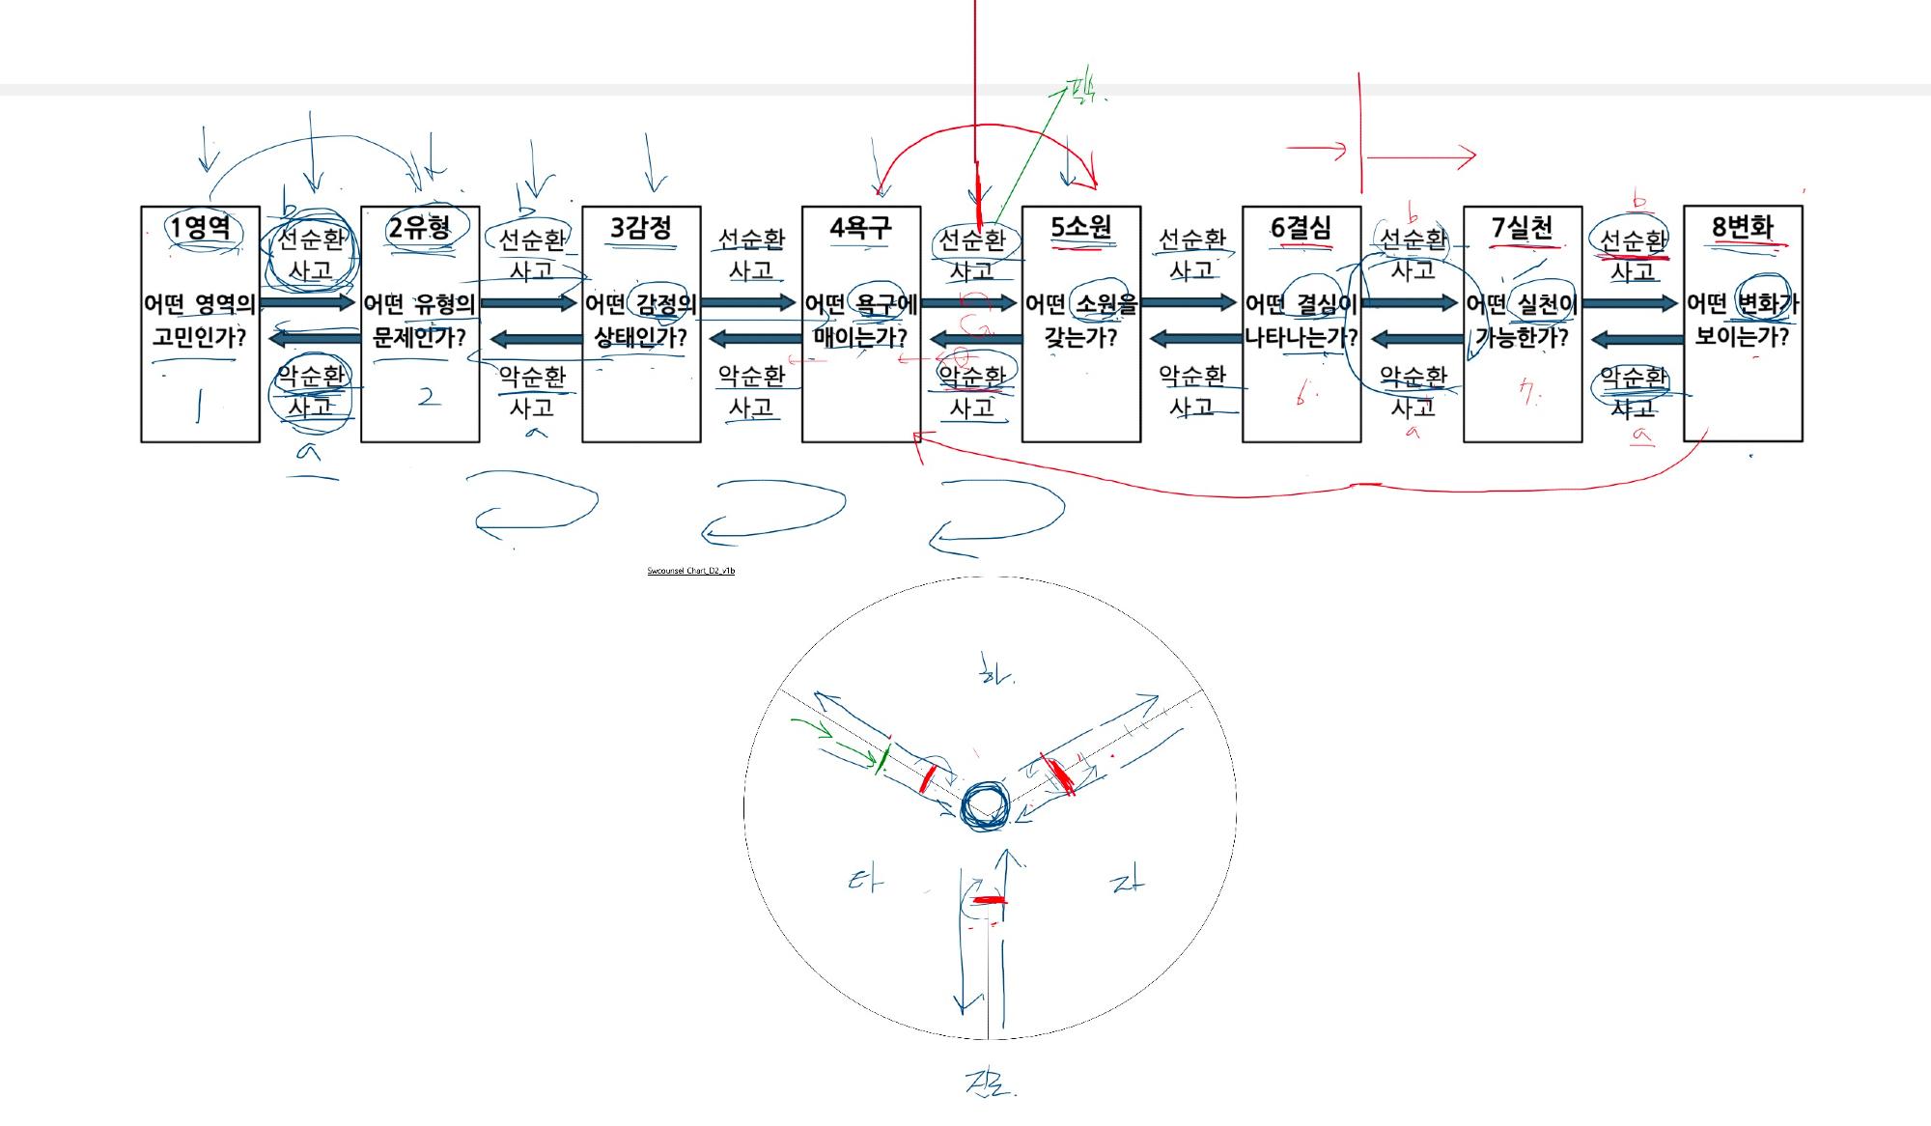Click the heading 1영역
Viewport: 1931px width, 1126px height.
(x=200, y=228)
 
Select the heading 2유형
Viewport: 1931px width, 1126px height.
(x=420, y=228)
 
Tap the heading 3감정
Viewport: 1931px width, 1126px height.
(x=641, y=228)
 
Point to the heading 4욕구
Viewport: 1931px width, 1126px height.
(x=860, y=228)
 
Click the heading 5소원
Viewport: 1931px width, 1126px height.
(x=1081, y=228)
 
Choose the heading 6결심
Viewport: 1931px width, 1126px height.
(x=1301, y=228)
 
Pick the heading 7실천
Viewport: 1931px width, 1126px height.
(x=1522, y=228)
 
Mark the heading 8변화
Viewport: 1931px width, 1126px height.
(x=1743, y=227)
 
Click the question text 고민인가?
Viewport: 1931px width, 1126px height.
(x=200, y=337)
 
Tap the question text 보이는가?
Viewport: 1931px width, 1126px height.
(x=1742, y=337)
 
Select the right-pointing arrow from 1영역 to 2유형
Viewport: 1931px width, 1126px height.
(x=308, y=302)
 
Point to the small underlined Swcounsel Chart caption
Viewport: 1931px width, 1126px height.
(x=690, y=571)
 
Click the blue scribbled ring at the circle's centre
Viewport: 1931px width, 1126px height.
(x=985, y=805)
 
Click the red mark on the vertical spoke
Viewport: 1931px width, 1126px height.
(x=989, y=900)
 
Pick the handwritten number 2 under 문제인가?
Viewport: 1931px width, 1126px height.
(x=429, y=396)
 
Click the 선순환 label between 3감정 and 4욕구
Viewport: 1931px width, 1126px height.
(x=751, y=239)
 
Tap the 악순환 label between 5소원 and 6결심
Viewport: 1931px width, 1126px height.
(x=1192, y=375)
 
